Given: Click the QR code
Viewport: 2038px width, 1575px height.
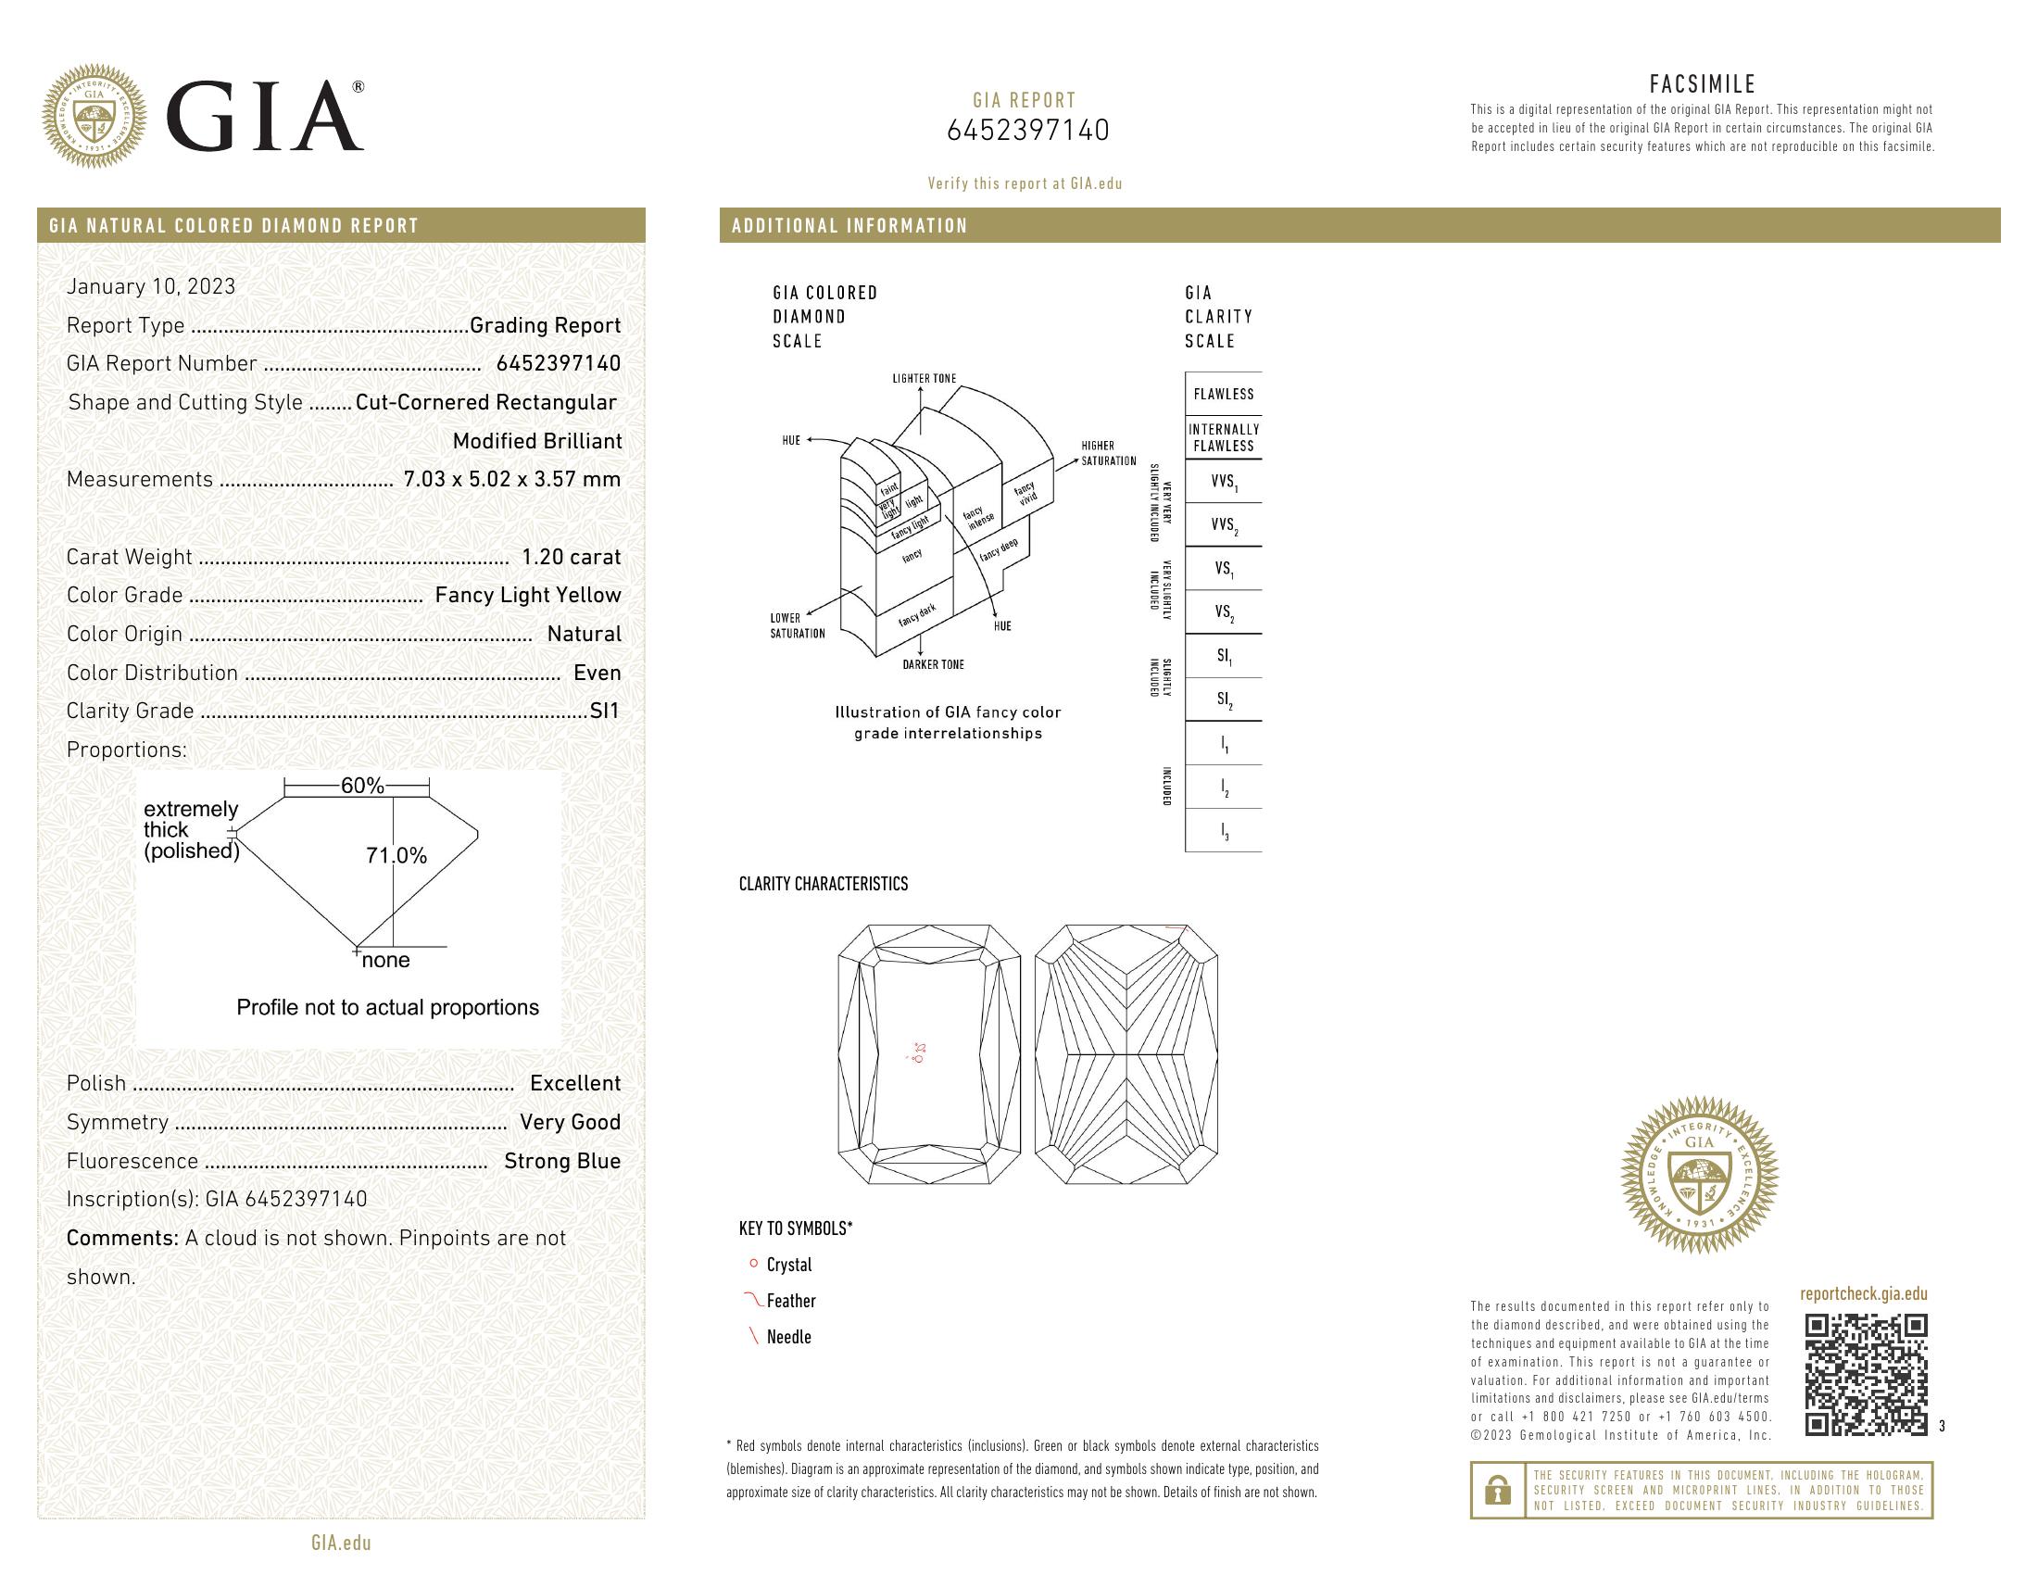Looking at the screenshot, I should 1865,1373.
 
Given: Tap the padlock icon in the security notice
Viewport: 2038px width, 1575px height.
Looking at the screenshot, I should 1497,1490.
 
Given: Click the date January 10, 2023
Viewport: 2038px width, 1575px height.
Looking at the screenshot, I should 151,286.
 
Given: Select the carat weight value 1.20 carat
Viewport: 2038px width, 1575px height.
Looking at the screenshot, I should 570,557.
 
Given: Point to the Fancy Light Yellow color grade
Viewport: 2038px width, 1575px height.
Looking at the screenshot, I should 527,596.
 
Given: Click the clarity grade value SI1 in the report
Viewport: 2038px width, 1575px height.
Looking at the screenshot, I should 605,711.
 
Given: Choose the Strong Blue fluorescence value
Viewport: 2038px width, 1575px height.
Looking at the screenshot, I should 561,1161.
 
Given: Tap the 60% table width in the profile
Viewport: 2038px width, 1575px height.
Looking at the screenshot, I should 361,786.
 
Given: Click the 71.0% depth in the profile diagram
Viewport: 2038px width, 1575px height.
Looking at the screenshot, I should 396,856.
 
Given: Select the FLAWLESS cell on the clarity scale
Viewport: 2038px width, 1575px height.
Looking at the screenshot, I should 1223,394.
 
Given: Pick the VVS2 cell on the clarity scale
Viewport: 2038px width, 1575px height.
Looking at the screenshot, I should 1223,525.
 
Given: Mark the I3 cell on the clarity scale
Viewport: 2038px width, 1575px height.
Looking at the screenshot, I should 1225,831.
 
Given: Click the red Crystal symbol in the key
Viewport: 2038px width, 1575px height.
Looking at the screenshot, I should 753,1264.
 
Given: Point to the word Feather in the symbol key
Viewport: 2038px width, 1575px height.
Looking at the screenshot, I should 791,1301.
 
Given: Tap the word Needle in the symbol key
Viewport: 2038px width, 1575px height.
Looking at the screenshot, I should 788,1337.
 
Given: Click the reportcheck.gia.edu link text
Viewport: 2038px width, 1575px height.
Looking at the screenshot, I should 1863,1293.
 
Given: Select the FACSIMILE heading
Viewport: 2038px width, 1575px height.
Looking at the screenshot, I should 1702,84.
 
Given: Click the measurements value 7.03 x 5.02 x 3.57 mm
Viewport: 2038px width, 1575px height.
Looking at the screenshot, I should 511,480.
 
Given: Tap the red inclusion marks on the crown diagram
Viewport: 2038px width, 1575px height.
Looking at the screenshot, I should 918,1052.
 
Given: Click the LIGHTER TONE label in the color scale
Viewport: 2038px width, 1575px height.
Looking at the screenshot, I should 924,379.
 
